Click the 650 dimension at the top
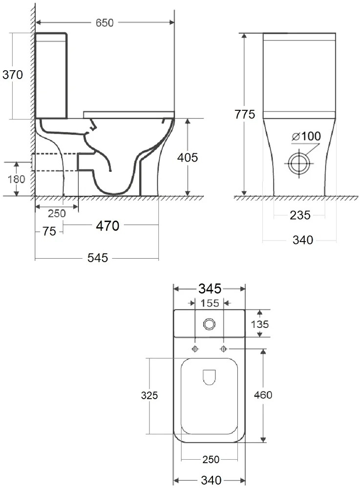105,23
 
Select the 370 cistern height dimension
13,75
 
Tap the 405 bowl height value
188,158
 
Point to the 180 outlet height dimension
16,179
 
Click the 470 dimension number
107,225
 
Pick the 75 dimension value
49,231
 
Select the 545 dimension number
98,258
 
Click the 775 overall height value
245,114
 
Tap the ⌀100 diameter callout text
306,136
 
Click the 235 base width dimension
300,215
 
